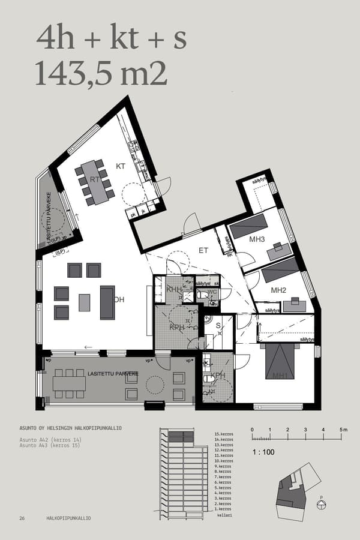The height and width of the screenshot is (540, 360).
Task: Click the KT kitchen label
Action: tap(120, 166)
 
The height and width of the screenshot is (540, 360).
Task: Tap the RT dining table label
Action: tap(95, 179)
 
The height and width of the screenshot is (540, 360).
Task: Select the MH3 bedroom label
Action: tap(257, 241)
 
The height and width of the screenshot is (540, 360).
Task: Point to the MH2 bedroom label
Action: tap(278, 290)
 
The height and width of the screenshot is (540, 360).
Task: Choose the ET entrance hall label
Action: tap(203, 250)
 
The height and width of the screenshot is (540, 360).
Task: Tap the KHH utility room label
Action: tap(175, 289)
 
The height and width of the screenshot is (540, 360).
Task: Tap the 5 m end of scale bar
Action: tap(343, 430)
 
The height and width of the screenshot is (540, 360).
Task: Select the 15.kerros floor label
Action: tap(223, 434)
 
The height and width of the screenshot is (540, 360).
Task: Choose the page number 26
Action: tap(22, 518)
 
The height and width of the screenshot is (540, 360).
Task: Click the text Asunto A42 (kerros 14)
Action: tap(50, 440)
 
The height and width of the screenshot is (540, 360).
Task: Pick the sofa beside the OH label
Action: tap(107, 302)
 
